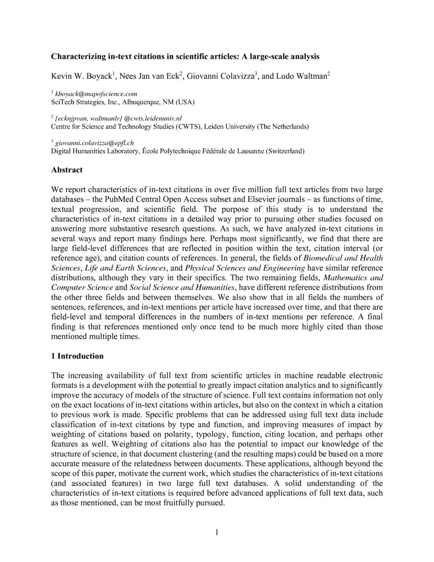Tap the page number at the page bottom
[x=217, y=533]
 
